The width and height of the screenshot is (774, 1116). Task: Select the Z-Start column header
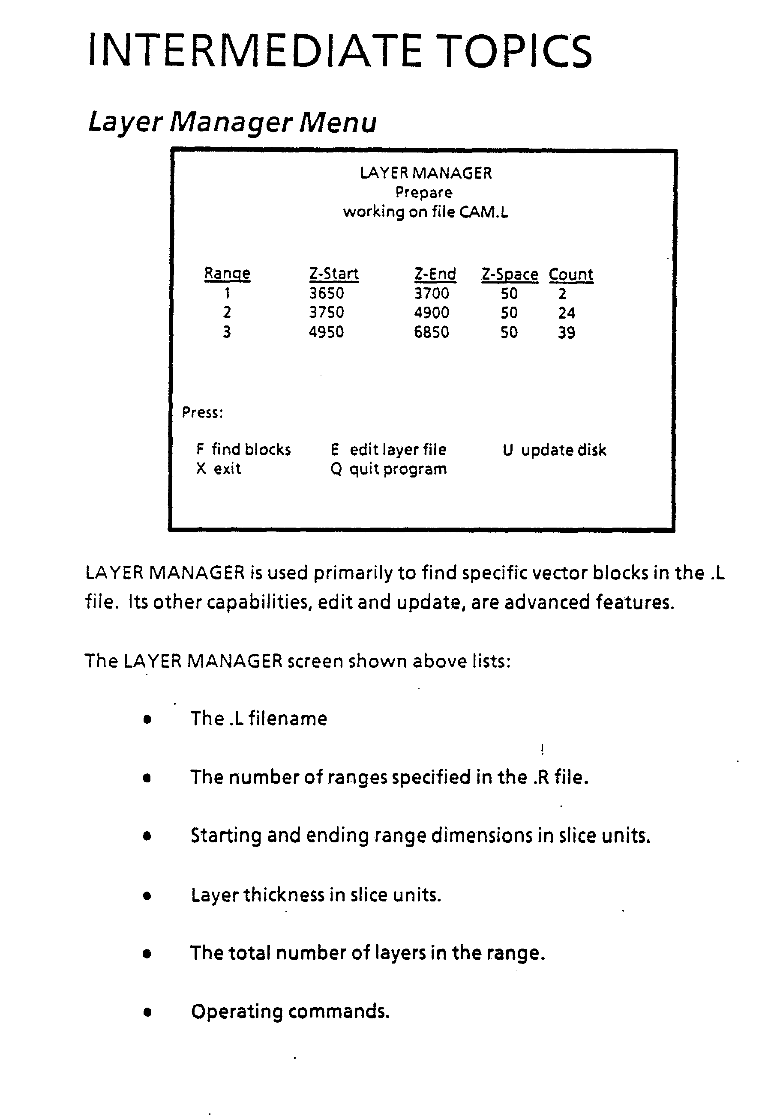[x=334, y=274]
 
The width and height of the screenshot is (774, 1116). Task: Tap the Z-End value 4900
[x=431, y=313]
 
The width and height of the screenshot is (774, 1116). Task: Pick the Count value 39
[x=567, y=333]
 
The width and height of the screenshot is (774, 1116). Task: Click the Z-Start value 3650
[x=327, y=293]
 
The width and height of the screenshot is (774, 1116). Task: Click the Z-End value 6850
[x=431, y=332]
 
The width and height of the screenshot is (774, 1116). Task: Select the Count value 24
[x=567, y=313]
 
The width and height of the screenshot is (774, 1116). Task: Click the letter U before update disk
[x=507, y=450]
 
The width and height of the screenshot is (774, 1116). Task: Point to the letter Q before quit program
[x=336, y=469]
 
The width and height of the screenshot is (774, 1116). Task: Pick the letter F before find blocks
[x=200, y=450]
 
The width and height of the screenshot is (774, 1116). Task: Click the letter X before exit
[x=201, y=468]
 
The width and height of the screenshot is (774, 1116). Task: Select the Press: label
[x=202, y=412]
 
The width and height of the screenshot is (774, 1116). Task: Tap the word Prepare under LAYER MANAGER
[x=423, y=193]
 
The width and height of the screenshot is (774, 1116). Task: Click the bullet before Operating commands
[x=147, y=1012]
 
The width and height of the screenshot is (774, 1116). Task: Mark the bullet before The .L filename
[x=147, y=719]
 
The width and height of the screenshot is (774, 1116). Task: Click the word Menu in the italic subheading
[x=338, y=122]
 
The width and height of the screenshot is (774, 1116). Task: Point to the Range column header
[x=227, y=274]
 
